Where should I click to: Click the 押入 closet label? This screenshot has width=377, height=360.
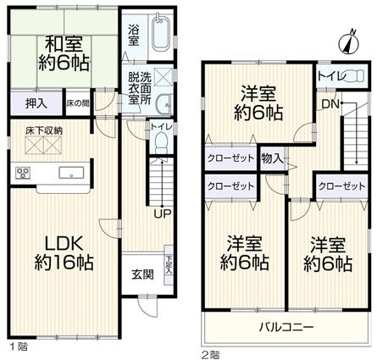(x=36, y=104)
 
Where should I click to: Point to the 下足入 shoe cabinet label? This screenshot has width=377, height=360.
(x=169, y=263)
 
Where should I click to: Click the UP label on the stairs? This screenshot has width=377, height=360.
(x=158, y=213)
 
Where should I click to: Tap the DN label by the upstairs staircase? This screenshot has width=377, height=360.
(x=327, y=104)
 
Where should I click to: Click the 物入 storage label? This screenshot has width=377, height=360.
(x=272, y=158)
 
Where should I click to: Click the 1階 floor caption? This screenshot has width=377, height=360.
(x=16, y=346)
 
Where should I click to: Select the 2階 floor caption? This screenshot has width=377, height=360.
(x=210, y=353)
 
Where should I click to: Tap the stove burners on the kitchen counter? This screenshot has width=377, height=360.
(x=23, y=174)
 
